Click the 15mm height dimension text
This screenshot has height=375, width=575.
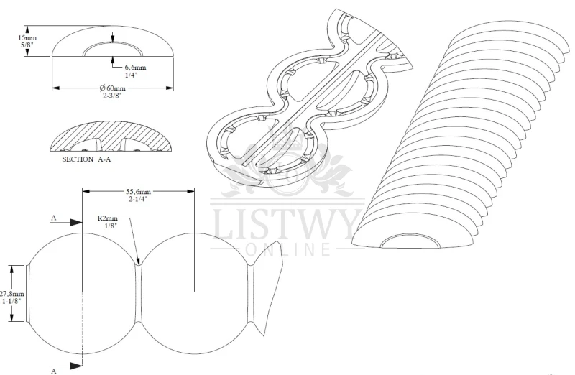[27, 37]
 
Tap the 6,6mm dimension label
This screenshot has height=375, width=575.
[135, 67]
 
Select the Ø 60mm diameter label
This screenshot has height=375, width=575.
[112, 88]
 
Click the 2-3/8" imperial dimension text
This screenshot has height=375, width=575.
[112, 96]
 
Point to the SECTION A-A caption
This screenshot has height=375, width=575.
[86, 159]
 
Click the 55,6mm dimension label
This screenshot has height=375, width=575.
[138, 191]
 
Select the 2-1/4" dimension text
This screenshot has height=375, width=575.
[138, 199]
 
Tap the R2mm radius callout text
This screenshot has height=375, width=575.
[107, 218]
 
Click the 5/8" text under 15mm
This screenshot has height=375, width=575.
[27, 45]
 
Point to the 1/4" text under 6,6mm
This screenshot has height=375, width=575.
[131, 75]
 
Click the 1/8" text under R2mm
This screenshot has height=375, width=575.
[111, 226]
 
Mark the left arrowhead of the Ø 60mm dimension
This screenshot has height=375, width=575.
[56, 88]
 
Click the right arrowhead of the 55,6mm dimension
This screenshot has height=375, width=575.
[190, 191]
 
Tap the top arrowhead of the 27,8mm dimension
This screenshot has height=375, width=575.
[12, 269]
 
